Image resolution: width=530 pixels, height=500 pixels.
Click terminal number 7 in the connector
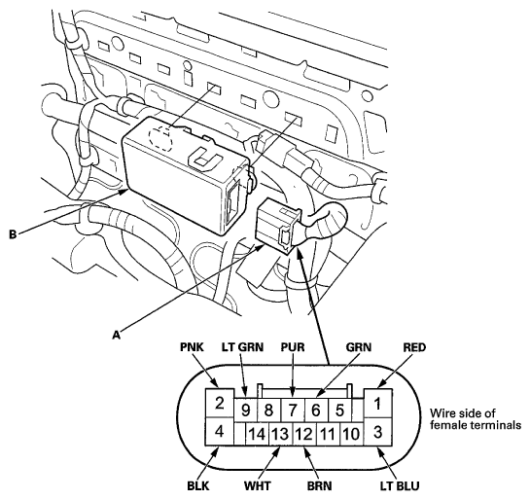293,410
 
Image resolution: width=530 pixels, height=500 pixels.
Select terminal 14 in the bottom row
257,434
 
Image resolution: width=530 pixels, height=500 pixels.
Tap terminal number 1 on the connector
378,403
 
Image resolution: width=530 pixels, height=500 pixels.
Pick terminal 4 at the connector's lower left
220,431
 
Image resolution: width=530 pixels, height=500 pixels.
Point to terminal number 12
304,434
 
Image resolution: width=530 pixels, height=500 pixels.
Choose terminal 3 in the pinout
378,431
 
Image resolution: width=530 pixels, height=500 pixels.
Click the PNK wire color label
192,347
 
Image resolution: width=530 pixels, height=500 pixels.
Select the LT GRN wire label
242,347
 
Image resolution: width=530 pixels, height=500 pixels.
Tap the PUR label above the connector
293,347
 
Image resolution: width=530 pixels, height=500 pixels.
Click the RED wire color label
414,347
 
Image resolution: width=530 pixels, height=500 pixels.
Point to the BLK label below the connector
198,486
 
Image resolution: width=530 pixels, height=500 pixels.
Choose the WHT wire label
258,486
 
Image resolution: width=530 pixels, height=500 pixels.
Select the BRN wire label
319,486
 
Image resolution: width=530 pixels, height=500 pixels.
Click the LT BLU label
400,486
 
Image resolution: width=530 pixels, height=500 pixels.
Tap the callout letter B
13,234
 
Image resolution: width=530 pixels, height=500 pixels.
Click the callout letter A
117,335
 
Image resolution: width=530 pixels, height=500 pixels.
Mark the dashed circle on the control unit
160,138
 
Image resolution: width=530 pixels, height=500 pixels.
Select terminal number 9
246,410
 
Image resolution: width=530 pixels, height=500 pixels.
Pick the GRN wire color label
359,347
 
